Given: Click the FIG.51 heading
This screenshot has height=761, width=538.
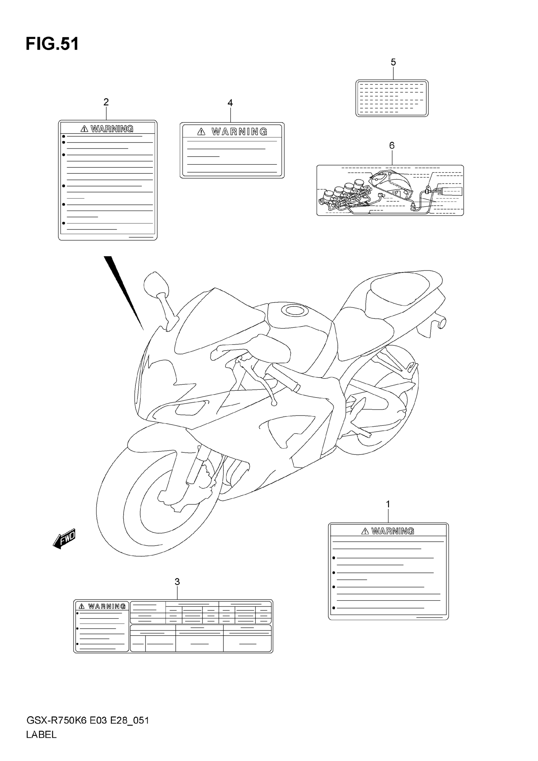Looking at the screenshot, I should pos(52,44).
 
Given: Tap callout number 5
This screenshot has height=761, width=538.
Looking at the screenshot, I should pos(393,62).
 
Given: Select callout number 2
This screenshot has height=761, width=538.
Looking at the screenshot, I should pos(106,102).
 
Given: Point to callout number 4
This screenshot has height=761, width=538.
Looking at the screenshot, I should pos(230,103).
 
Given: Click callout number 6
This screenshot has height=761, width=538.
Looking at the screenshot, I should pos(392,146).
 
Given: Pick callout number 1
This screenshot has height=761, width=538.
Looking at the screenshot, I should pos(388,504).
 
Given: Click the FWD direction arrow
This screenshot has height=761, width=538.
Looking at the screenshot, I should pos(64,539).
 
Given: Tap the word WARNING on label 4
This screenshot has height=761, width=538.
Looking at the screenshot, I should pos(239,132).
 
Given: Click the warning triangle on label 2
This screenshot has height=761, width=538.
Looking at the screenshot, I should pos(84,129).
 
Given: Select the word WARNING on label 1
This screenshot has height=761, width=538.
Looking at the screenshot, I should pos(393,531).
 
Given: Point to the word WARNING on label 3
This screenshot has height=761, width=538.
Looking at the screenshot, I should pos(107,607).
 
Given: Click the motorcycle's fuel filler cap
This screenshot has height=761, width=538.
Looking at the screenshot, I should pos(294,310).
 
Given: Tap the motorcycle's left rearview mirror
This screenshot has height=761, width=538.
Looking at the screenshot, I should pos(156,284).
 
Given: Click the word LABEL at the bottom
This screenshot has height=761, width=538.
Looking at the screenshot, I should pos(41,735).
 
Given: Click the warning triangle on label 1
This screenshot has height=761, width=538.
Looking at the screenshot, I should pos(365,531).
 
